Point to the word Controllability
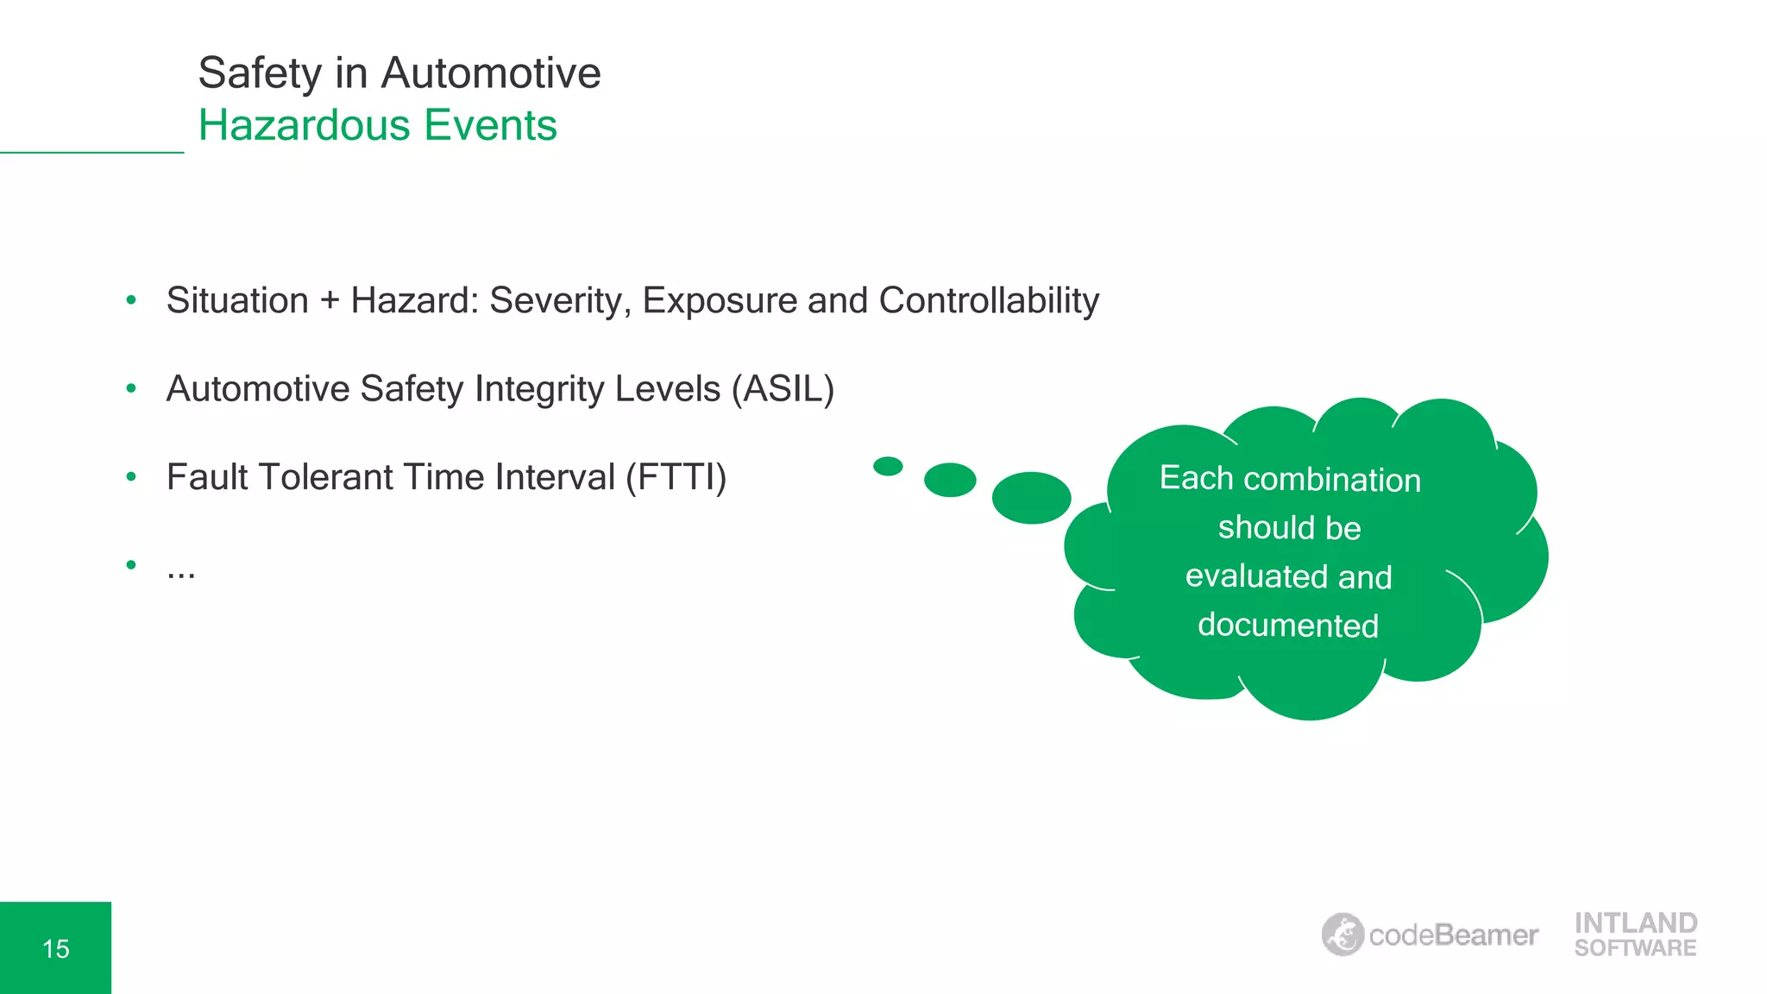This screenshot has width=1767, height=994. (989, 301)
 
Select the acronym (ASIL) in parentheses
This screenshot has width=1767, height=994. (783, 389)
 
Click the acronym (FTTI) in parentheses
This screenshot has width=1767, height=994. (676, 477)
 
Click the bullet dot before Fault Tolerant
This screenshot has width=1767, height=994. (131, 476)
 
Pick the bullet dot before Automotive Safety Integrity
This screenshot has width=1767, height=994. (131, 388)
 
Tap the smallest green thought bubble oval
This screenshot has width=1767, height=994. (888, 467)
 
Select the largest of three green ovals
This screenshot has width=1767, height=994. (1031, 498)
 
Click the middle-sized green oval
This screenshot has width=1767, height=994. (950, 480)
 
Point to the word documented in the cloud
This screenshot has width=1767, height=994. (1288, 626)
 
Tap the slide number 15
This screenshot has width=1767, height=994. (56, 949)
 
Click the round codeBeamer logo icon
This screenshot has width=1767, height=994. (1343, 934)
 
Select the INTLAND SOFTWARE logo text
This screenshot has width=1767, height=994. (1635, 934)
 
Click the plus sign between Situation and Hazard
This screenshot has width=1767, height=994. (330, 301)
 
